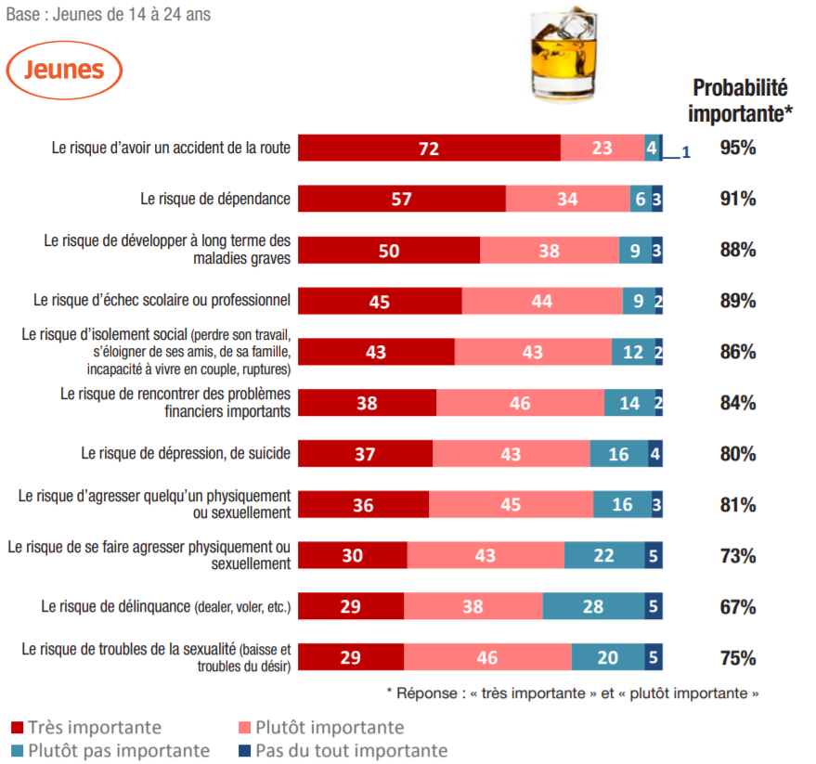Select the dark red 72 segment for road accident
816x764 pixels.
click(429, 148)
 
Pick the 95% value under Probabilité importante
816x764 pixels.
click(738, 148)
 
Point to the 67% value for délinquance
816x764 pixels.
click(738, 607)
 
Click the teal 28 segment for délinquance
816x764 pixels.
click(594, 607)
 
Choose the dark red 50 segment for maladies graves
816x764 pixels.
click(389, 250)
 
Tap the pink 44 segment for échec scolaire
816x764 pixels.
click(542, 301)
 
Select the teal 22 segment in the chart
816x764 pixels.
click(604, 556)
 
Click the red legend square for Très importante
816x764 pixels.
click(17, 728)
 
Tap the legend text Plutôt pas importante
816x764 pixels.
click(119, 751)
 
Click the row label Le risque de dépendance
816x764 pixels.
click(215, 199)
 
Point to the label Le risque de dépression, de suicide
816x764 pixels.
click(186, 454)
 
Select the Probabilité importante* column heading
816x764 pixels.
click(740, 100)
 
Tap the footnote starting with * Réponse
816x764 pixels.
click(572, 693)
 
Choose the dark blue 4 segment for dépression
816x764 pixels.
click(655, 454)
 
